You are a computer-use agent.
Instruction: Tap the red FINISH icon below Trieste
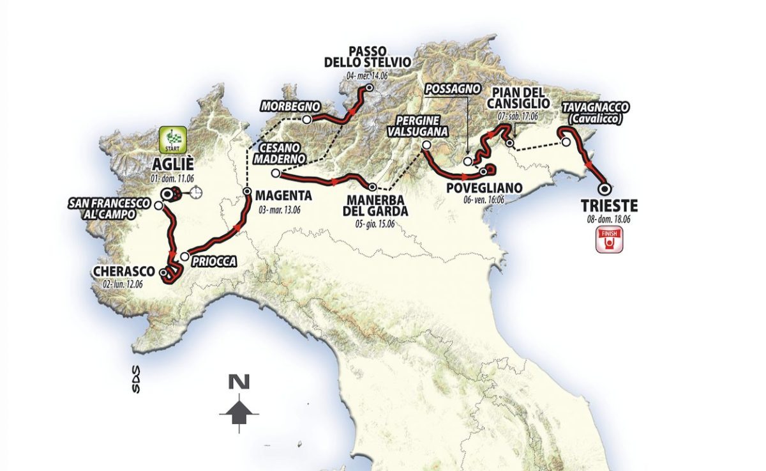point(608,241)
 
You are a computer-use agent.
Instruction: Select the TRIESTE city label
point(609,206)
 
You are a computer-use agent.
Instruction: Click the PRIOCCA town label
point(213,261)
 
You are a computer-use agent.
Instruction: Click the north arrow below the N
point(239,410)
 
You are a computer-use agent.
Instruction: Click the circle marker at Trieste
point(604,189)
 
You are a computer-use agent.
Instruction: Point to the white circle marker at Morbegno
point(307,120)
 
